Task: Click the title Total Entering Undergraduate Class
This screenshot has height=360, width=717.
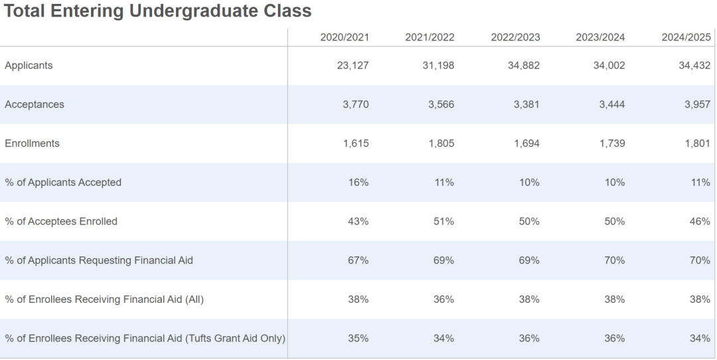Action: (x=158, y=11)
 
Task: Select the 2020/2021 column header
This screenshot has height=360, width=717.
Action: (x=345, y=37)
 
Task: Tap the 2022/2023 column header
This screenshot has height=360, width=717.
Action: (x=515, y=37)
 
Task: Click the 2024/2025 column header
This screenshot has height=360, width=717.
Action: (x=686, y=37)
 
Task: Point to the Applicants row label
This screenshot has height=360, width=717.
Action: (x=29, y=66)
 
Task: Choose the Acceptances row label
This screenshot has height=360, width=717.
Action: (x=35, y=104)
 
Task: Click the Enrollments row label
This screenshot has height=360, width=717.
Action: (x=32, y=143)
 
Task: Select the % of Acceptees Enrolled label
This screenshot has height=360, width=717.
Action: (x=61, y=221)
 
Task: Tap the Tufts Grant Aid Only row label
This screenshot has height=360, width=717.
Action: (x=145, y=338)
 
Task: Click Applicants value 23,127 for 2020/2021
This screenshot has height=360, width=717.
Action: (x=353, y=66)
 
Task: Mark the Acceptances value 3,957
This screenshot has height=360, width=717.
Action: (x=697, y=104)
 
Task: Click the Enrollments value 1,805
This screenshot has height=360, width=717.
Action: (x=441, y=143)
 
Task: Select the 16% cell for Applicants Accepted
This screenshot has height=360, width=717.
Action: (x=358, y=182)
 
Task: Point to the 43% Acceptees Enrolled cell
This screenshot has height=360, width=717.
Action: (x=358, y=221)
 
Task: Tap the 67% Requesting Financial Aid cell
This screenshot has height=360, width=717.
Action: (x=358, y=260)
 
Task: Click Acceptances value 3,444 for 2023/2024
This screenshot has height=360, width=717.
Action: (x=611, y=104)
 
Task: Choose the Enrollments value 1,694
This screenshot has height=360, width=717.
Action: (x=526, y=143)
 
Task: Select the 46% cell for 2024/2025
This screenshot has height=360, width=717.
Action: (x=700, y=221)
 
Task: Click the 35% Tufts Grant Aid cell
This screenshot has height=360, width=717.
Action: (x=358, y=338)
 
